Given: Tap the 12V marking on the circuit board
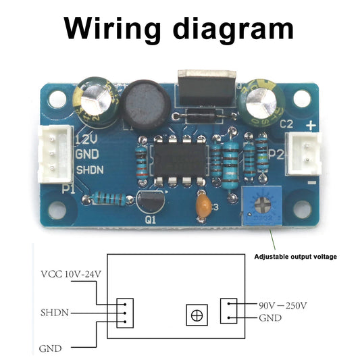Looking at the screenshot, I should [x=86, y=140].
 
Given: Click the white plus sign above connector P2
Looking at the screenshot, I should [x=311, y=125].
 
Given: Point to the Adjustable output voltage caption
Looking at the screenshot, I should [x=294, y=257].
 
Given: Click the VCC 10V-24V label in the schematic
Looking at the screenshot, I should [x=70, y=274].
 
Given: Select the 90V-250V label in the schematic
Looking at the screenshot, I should [x=283, y=305].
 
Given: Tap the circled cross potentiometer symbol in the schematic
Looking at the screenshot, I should [x=197, y=315].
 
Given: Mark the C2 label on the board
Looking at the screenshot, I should [x=286, y=124].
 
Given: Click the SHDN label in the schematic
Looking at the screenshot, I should [x=53, y=313].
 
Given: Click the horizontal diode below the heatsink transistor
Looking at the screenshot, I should [x=200, y=117].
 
